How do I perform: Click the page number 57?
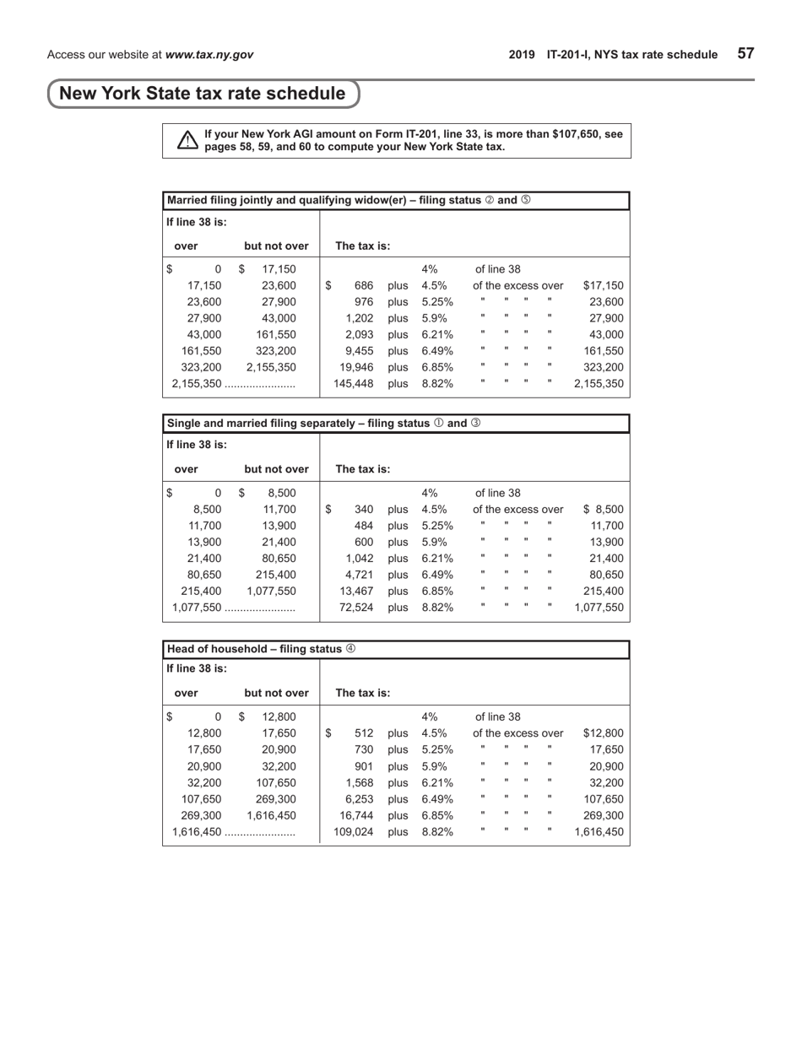[x=745, y=54]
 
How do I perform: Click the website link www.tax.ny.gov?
[x=209, y=55]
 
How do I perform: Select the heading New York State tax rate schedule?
[x=203, y=94]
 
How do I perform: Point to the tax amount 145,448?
[x=354, y=383]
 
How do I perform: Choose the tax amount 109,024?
[x=354, y=831]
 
